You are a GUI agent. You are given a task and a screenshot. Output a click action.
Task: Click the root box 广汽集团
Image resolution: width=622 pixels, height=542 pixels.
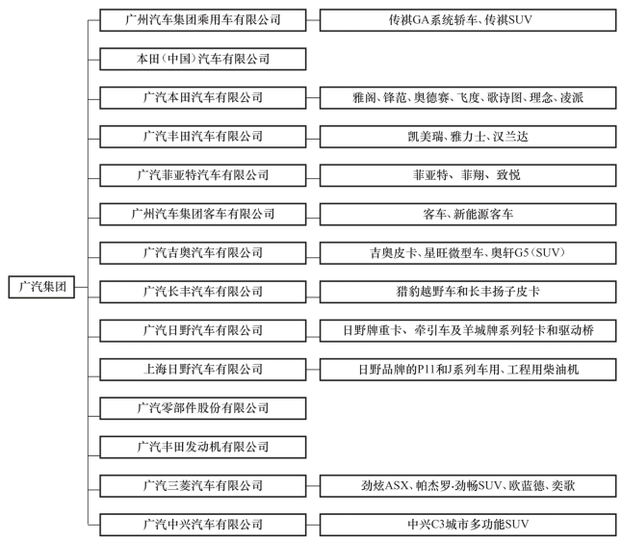pyautogui.click(x=41, y=287)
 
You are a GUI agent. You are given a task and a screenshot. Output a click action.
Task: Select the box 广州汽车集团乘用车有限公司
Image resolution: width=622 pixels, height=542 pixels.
pyautogui.click(x=203, y=20)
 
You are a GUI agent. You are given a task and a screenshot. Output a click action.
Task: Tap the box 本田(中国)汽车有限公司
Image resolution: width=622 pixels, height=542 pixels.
pyautogui.click(x=203, y=59)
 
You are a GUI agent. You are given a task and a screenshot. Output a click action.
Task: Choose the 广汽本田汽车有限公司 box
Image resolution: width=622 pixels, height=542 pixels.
pyautogui.click(x=203, y=97)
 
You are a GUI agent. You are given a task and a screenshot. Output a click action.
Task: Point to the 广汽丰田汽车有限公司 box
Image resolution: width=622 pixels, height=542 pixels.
pyautogui.click(x=203, y=137)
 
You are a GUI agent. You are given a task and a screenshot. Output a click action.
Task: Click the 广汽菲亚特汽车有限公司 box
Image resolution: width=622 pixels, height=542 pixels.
pyautogui.click(x=203, y=175)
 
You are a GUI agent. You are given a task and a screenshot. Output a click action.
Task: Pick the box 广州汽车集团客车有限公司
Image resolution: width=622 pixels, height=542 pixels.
pyautogui.click(x=203, y=214)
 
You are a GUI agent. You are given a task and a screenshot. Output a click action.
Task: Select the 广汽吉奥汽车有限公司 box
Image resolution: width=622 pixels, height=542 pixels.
pyautogui.click(x=203, y=253)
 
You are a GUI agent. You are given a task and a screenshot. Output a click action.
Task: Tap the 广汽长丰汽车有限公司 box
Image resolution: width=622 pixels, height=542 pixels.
pyautogui.click(x=203, y=292)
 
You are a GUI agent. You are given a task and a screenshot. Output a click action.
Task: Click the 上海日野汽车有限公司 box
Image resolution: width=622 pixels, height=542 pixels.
pyautogui.click(x=203, y=370)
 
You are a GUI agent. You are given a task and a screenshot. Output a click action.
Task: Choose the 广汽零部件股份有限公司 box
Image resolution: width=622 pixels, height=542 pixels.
pyautogui.click(x=203, y=408)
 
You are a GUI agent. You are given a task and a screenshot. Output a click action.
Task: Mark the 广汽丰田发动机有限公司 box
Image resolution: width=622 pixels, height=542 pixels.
pyautogui.click(x=203, y=448)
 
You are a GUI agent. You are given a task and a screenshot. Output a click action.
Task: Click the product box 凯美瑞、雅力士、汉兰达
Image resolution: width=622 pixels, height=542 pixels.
pyautogui.click(x=468, y=137)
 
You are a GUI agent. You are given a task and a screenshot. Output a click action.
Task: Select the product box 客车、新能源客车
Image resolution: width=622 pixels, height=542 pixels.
pyautogui.click(x=468, y=214)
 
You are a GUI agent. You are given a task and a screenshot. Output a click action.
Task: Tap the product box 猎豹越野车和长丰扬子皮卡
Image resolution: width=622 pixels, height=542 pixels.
pyautogui.click(x=468, y=292)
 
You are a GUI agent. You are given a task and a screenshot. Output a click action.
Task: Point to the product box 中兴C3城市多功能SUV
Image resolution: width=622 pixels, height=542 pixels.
pyautogui.click(x=468, y=525)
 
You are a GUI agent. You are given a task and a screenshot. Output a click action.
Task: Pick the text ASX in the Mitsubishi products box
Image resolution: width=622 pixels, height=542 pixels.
pyautogui.click(x=397, y=486)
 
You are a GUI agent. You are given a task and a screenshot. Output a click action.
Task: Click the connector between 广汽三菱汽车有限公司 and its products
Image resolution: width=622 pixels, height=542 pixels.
pyautogui.click(x=313, y=486)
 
